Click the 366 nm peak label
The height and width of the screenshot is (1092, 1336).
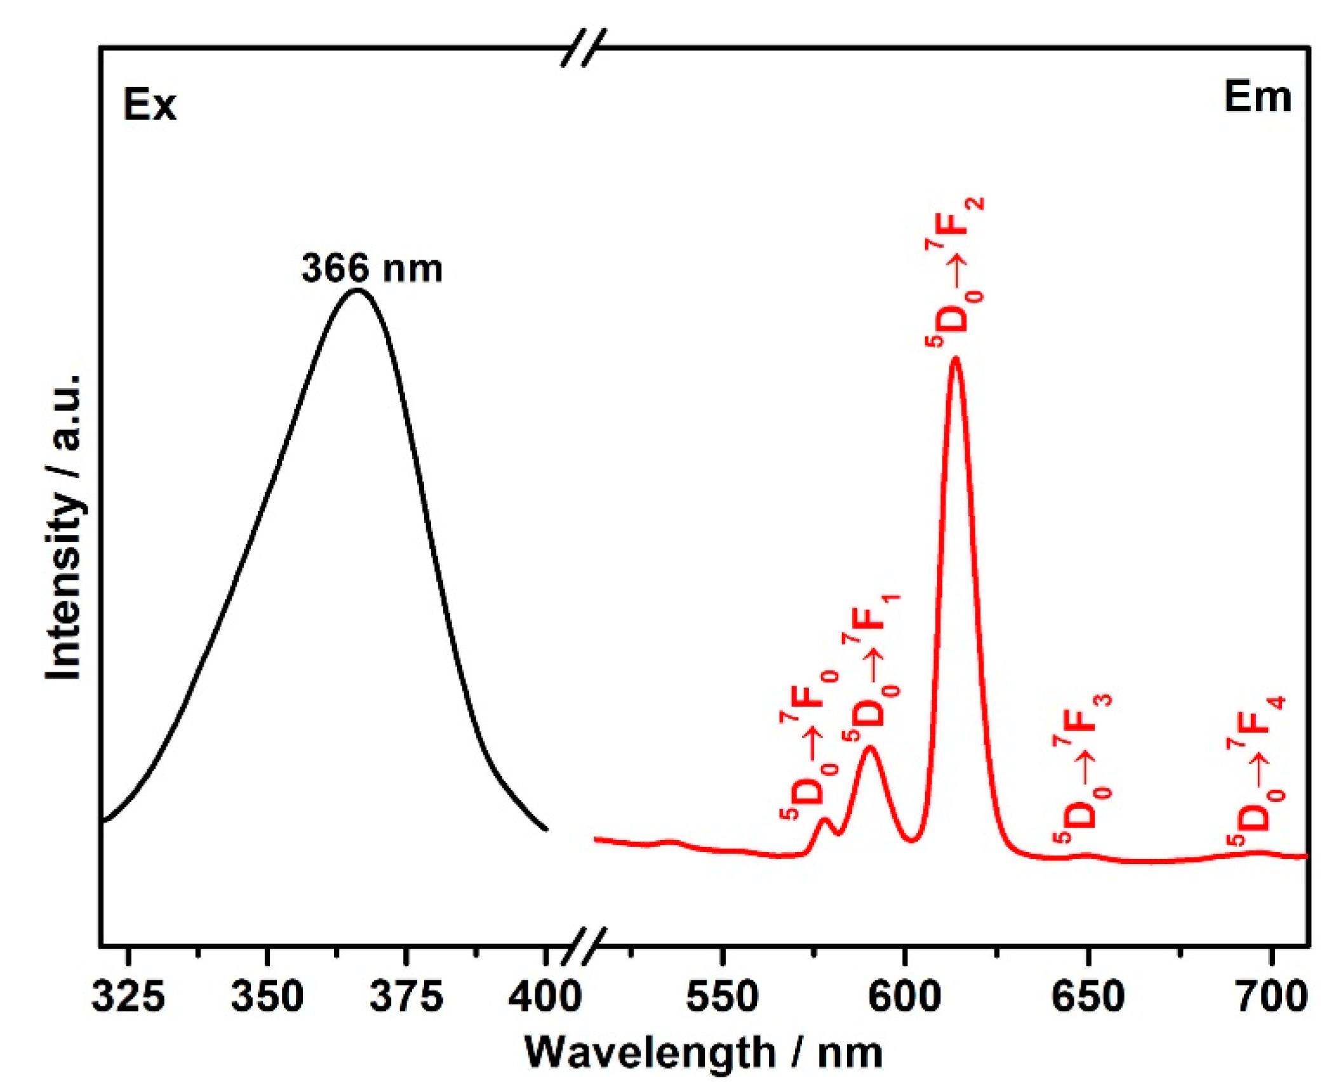click(371, 269)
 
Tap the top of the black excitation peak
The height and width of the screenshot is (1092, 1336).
click(357, 291)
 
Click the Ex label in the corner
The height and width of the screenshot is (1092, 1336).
click(149, 105)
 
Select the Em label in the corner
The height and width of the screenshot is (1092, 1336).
click(1257, 98)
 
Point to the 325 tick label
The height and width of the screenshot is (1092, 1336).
click(128, 996)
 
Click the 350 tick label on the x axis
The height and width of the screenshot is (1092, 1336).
click(267, 996)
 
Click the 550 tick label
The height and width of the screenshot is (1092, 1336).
click(722, 996)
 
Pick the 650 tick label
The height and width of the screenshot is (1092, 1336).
click(1088, 996)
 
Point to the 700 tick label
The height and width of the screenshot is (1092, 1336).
click(1271, 996)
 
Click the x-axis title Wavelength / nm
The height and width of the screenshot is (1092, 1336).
click(704, 1053)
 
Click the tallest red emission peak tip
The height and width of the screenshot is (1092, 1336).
click(955, 359)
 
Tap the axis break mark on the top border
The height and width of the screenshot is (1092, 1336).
click(584, 48)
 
